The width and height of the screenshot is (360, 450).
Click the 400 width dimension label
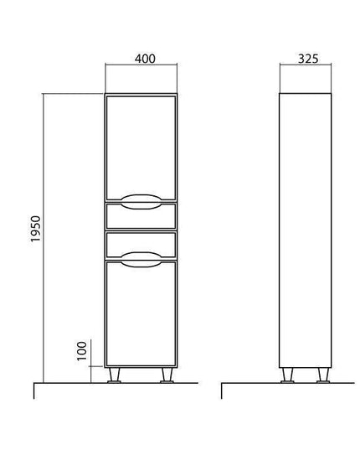point(145,59)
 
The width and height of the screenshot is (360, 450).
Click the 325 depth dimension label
point(308,59)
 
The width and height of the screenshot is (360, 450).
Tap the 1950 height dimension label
point(36,229)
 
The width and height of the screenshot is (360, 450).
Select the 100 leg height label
point(82,351)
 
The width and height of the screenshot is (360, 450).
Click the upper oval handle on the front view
point(141,201)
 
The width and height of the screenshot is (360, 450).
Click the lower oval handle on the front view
point(141,260)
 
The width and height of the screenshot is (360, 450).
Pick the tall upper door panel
point(141,147)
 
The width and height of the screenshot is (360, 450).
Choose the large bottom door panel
point(141,313)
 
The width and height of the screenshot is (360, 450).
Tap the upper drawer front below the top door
point(141,216)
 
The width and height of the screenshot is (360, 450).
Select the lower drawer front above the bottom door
point(141,245)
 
